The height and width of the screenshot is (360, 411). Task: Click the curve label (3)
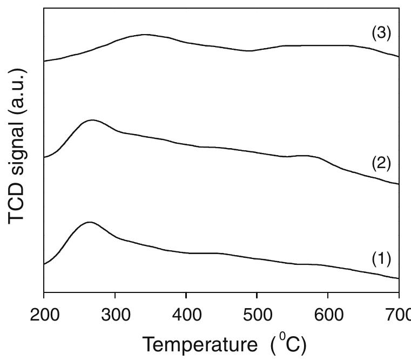coord(381,34)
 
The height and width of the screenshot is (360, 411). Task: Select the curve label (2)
coord(381,163)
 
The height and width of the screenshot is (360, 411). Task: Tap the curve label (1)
coord(381,259)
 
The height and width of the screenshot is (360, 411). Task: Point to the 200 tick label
coord(44,315)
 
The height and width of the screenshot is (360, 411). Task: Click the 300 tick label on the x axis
coord(116,315)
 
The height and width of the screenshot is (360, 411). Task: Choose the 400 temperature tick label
coord(187,315)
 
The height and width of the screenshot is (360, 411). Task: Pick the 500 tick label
coord(258,315)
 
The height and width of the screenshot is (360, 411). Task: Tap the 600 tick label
coord(329,315)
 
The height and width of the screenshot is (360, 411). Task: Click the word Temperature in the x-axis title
coord(200,345)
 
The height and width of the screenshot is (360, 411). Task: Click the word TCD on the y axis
coord(16,204)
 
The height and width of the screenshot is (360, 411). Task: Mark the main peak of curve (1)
coord(90,222)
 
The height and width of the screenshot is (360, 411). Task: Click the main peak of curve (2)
coord(92,120)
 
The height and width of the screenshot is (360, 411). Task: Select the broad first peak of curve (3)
coord(144,35)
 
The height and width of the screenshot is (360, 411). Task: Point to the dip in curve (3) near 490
coord(250,51)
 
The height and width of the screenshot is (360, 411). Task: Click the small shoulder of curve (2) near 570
coord(305,156)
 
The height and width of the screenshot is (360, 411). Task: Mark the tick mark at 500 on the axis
coord(257,295)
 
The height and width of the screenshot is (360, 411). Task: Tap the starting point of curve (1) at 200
coord(44,264)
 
